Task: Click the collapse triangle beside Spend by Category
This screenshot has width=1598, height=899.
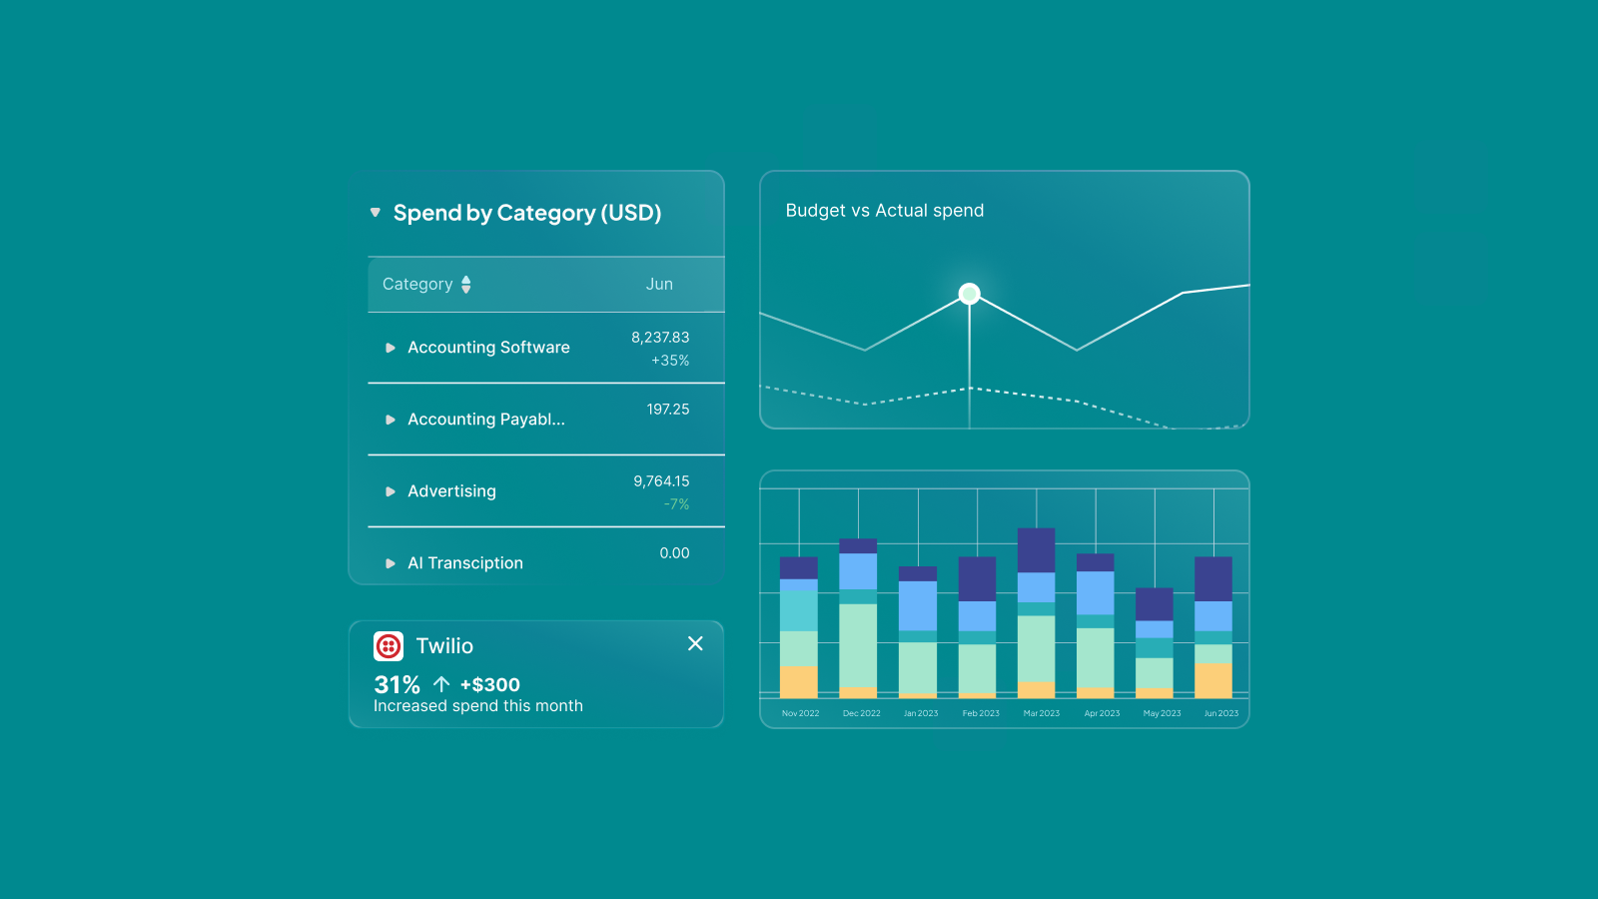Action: coord(376,212)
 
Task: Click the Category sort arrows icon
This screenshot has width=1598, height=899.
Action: coord(465,285)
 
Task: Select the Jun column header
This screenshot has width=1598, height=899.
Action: coord(659,285)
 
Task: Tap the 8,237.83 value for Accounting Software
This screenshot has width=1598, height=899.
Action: coord(660,338)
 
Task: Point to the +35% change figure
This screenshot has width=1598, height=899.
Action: coord(670,361)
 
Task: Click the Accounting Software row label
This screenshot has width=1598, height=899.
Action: coord(488,348)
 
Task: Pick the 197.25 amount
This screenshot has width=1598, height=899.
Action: coord(668,410)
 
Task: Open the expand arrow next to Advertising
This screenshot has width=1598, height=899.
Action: coord(391,491)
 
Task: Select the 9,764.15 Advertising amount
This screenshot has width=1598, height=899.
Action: coord(661,481)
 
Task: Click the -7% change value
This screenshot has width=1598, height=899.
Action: coord(676,504)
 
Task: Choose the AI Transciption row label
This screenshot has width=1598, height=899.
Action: coord(465,563)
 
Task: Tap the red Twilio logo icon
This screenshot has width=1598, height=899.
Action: coord(389,646)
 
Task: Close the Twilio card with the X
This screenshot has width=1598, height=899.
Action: coord(695,644)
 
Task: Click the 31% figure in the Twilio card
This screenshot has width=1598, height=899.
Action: coord(397,685)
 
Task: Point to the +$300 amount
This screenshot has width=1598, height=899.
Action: coord(490,685)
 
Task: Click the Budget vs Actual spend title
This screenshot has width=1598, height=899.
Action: coord(885,211)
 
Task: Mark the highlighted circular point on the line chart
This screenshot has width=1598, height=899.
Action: coord(969,294)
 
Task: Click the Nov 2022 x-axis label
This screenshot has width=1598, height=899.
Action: coord(800,713)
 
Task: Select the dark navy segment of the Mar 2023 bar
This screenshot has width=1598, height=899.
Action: coord(1036,550)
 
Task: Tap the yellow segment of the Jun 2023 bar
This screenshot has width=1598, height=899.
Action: coord(1213,680)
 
